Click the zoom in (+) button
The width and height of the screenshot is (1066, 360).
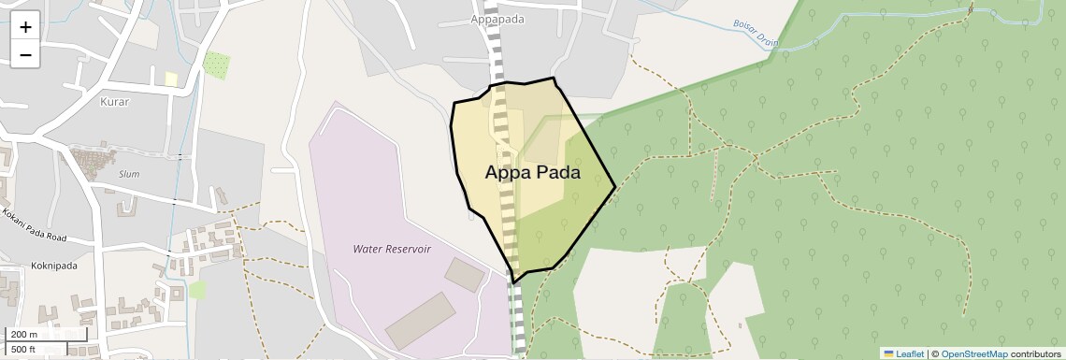(25, 27)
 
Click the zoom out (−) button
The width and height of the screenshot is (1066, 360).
(25, 55)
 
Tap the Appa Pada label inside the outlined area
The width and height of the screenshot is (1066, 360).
(532, 173)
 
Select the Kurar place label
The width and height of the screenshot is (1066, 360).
(114, 101)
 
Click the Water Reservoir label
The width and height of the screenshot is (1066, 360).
(392, 249)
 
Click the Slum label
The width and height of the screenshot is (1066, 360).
(129, 174)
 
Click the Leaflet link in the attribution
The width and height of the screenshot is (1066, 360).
(903, 353)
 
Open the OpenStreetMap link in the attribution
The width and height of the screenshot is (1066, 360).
(973, 353)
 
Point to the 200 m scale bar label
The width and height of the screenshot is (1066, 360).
(24, 334)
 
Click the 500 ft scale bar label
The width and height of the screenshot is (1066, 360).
(24, 350)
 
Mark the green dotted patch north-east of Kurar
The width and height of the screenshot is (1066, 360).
(216, 65)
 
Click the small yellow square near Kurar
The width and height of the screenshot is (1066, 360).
(171, 79)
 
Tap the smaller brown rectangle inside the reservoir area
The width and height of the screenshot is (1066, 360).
(464, 273)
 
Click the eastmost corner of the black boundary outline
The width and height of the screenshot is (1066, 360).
(615, 188)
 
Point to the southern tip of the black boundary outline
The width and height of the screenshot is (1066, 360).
(513, 282)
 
